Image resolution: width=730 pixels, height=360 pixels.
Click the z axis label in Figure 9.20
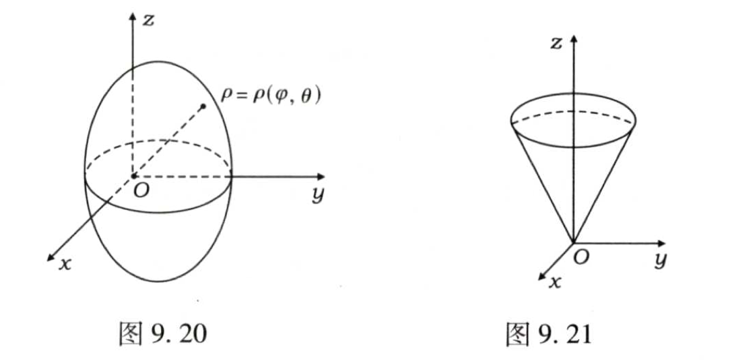(149, 20)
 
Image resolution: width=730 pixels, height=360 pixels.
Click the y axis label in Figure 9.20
(318, 196)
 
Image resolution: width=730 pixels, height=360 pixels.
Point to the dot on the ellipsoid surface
(204, 106)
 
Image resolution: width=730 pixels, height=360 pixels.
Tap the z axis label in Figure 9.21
(556, 44)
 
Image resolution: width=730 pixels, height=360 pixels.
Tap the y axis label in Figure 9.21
(660, 260)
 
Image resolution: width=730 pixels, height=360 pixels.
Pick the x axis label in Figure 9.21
(555, 282)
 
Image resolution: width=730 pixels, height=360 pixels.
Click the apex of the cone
(574, 243)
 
